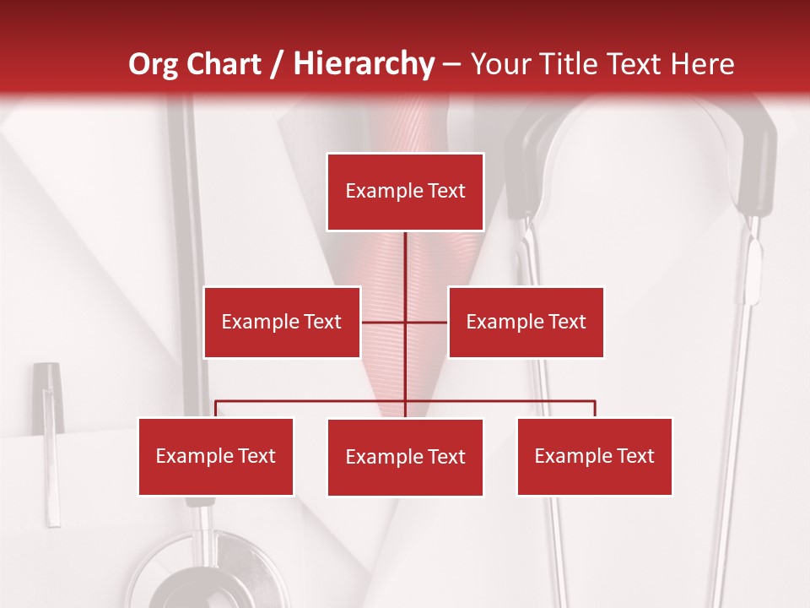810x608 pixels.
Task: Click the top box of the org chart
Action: coord(405,192)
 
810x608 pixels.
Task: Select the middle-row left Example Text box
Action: coord(282,322)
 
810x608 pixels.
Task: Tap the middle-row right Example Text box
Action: coord(526,322)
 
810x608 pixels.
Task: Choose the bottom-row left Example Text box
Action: coord(216,457)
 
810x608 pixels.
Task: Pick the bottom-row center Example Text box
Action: coord(405,458)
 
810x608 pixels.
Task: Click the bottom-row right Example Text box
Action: coord(595,457)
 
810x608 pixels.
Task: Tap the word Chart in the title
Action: coord(224,64)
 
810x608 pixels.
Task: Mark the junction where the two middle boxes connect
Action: coord(405,322)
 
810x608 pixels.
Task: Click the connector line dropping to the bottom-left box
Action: coord(216,409)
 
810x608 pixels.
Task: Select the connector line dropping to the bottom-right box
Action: coord(595,409)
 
